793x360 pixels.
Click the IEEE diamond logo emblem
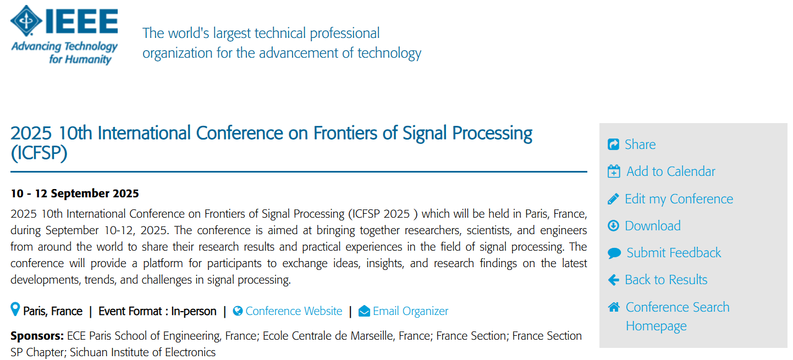pyautogui.click(x=26, y=20)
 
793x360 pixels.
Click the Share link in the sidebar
pyautogui.click(x=640, y=145)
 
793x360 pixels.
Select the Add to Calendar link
pyautogui.click(x=671, y=171)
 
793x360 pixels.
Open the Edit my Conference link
pyautogui.click(x=679, y=199)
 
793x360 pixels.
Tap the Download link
pyautogui.click(x=652, y=226)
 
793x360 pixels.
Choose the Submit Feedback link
pyautogui.click(x=674, y=253)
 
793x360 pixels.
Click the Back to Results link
pyautogui.click(x=666, y=280)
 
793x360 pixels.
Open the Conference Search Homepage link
pyautogui.click(x=678, y=316)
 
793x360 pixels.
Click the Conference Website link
pyautogui.click(x=294, y=311)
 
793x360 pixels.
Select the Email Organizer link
pyautogui.click(x=410, y=311)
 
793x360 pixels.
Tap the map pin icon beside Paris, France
pyautogui.click(x=15, y=309)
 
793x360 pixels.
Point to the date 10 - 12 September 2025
pyautogui.click(x=75, y=193)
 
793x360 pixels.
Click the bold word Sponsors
pyautogui.click(x=37, y=336)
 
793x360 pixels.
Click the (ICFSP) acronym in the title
pyautogui.click(x=39, y=153)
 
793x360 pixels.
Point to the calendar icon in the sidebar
pyautogui.click(x=614, y=171)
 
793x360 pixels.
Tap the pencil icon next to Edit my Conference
pyautogui.click(x=614, y=199)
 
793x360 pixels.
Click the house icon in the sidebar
pyautogui.click(x=614, y=307)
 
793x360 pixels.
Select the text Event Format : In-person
pyautogui.click(x=157, y=311)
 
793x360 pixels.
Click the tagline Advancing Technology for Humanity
pyautogui.click(x=64, y=53)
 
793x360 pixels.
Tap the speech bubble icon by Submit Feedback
pyautogui.click(x=614, y=253)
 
